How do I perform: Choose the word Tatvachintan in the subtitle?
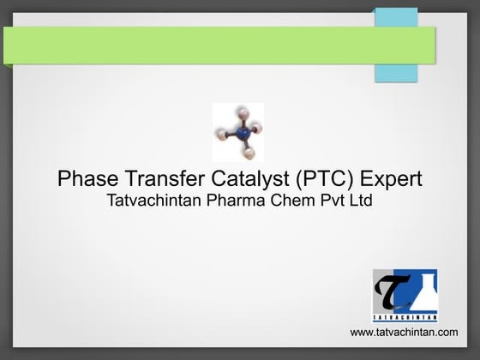click(x=156, y=202)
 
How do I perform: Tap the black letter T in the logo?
click(x=390, y=291)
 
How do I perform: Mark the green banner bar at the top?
click(x=189, y=45)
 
